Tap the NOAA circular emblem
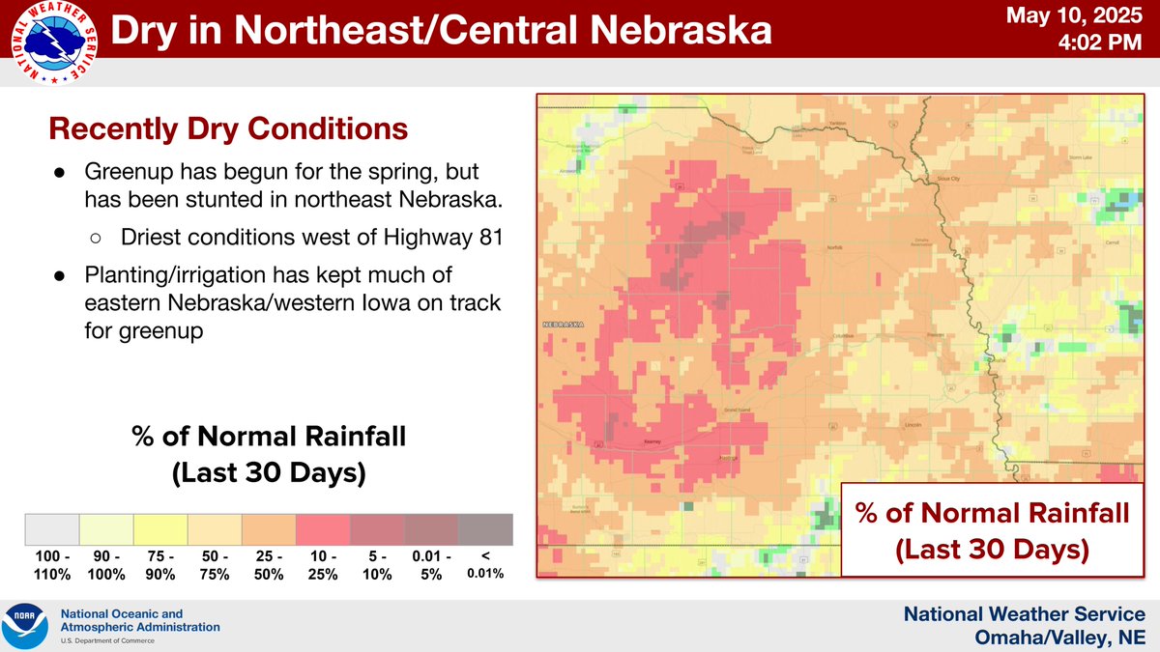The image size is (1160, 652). click(x=26, y=626)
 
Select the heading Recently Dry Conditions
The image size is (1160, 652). click(x=228, y=128)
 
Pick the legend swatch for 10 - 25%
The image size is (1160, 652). click(x=323, y=530)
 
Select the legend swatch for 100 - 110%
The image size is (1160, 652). click(x=51, y=530)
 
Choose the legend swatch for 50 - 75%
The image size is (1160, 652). click(x=215, y=530)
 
